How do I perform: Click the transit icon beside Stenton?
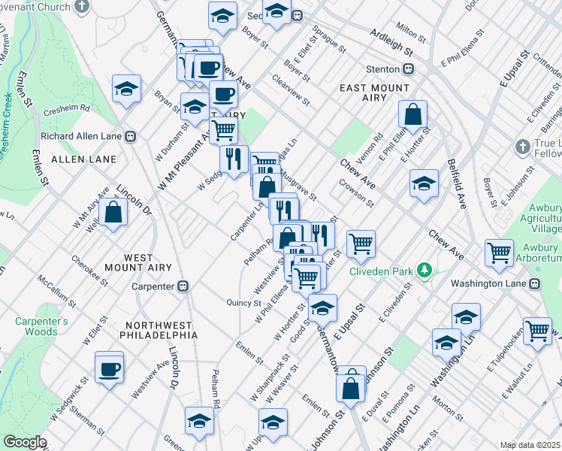click(x=409, y=69)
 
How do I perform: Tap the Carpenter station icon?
click(x=183, y=286)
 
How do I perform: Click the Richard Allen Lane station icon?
click(x=130, y=136)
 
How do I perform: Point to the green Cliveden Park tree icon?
click(x=425, y=269)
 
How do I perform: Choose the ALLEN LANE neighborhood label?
click(x=83, y=159)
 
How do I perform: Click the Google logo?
click(x=25, y=442)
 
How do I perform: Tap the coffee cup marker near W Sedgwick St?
click(x=110, y=368)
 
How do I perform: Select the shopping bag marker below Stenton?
click(x=413, y=116)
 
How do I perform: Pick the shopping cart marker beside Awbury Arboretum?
click(x=500, y=254)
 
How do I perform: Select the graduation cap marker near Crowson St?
click(x=424, y=183)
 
